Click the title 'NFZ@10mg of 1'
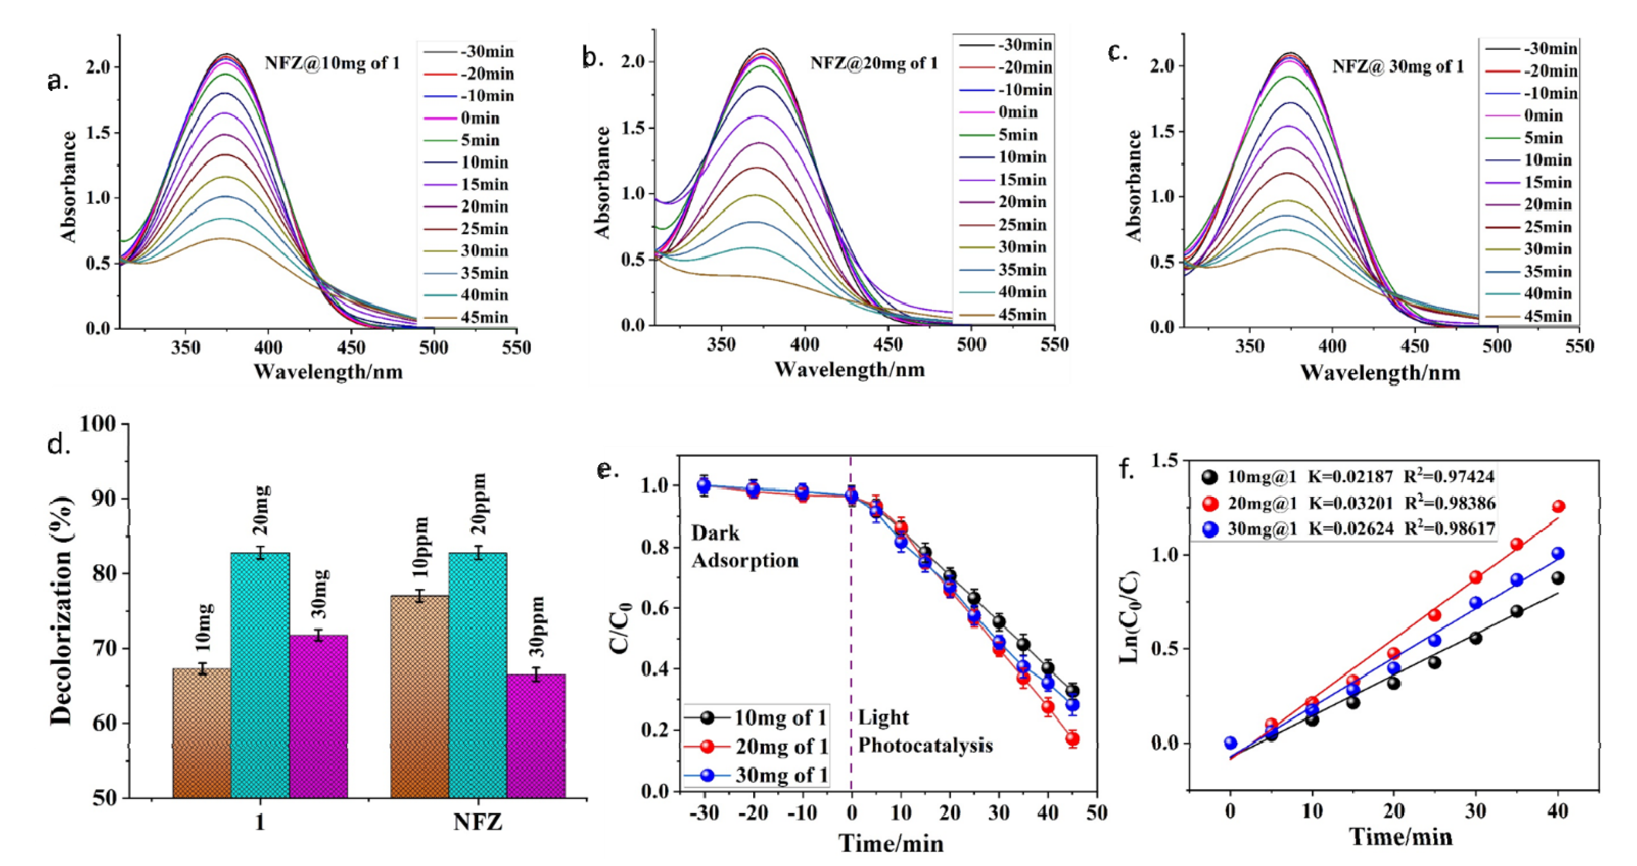tap(332, 63)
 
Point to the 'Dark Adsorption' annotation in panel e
tap(744, 547)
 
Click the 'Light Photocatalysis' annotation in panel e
tap(925, 731)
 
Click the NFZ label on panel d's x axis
tap(478, 823)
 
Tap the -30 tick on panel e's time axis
tap(703, 812)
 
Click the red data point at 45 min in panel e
tap(1072, 739)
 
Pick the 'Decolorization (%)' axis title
tap(62, 610)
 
